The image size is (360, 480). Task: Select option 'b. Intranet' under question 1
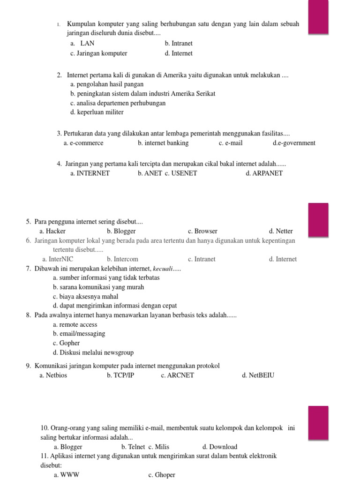(179, 43)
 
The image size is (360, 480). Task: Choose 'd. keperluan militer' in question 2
(97, 112)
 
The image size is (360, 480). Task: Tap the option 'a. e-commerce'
(83, 143)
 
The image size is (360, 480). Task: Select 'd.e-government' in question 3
(294, 143)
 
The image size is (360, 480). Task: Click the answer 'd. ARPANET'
(264, 173)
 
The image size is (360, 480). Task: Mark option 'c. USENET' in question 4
(181, 173)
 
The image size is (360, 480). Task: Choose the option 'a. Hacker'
(52, 231)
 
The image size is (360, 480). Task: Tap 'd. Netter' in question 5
(281, 231)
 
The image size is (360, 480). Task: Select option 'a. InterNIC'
(58, 259)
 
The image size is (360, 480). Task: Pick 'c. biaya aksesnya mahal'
(86, 296)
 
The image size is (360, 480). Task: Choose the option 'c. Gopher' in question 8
(67, 343)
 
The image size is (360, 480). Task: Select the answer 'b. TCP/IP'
(120, 375)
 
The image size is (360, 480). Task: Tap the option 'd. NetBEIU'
(258, 375)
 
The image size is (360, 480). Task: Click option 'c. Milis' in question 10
(159, 447)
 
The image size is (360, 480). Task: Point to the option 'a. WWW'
(63, 475)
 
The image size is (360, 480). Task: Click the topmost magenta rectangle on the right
(318, 17)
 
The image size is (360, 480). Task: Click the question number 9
(29, 366)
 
